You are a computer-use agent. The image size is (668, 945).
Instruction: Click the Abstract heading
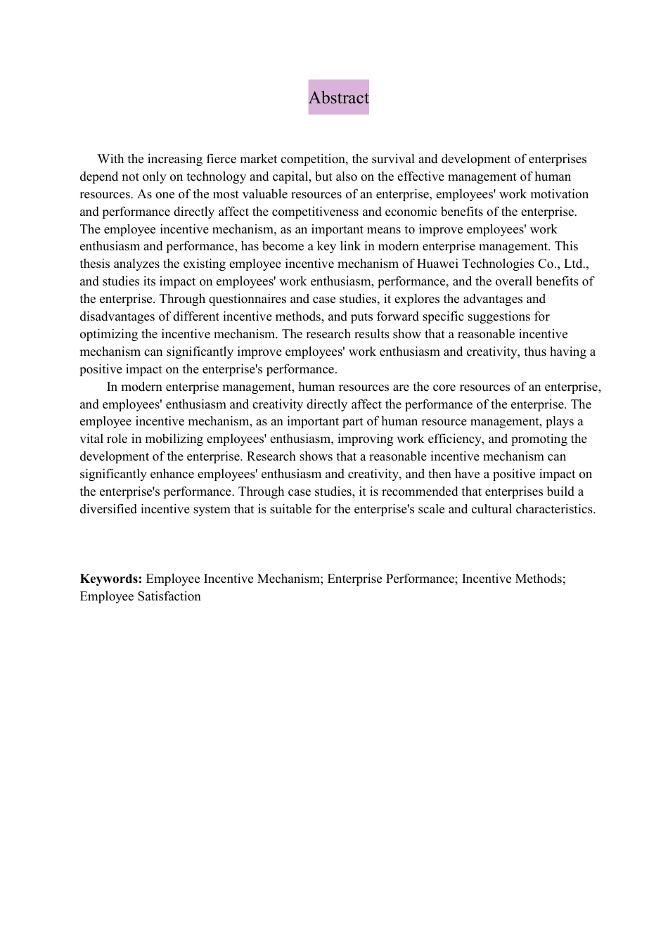(x=338, y=98)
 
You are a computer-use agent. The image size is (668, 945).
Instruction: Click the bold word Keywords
(x=111, y=579)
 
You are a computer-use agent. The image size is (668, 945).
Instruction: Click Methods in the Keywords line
(x=538, y=579)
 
